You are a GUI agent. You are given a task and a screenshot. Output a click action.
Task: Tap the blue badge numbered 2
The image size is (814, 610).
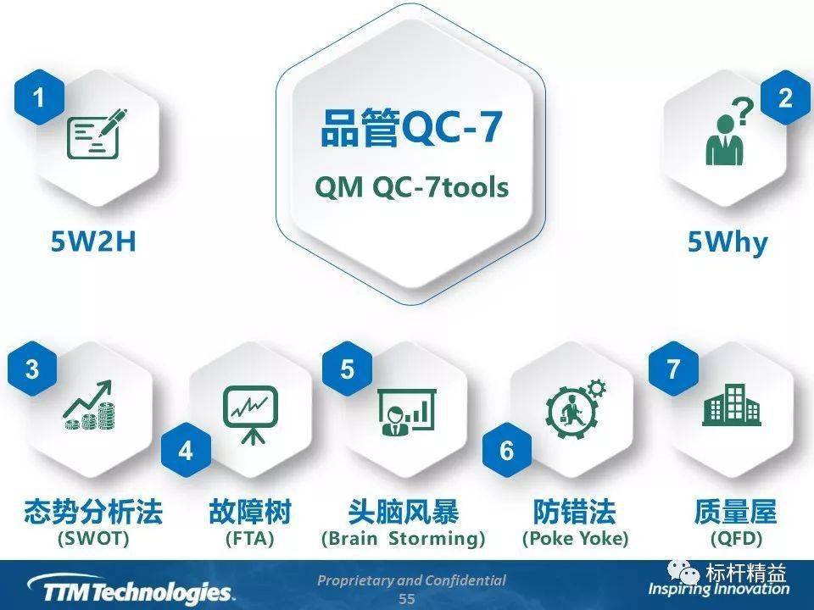pos(784,98)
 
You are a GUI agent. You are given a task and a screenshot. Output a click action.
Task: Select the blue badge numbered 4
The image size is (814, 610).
pos(185,451)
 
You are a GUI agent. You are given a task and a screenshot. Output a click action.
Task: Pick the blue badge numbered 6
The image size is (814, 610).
pos(506,451)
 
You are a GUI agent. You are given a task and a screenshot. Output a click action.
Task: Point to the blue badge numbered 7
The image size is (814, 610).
pos(673,370)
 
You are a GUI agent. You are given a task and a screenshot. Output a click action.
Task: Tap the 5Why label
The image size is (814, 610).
pos(727,242)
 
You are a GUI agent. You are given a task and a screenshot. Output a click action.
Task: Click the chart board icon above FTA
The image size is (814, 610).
pos(250,412)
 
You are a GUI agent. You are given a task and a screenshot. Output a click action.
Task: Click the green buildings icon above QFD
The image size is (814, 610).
pos(731,407)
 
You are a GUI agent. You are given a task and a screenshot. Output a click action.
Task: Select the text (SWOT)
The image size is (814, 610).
pos(93,538)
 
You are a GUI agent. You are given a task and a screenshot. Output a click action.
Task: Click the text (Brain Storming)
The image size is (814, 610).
pos(404,538)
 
